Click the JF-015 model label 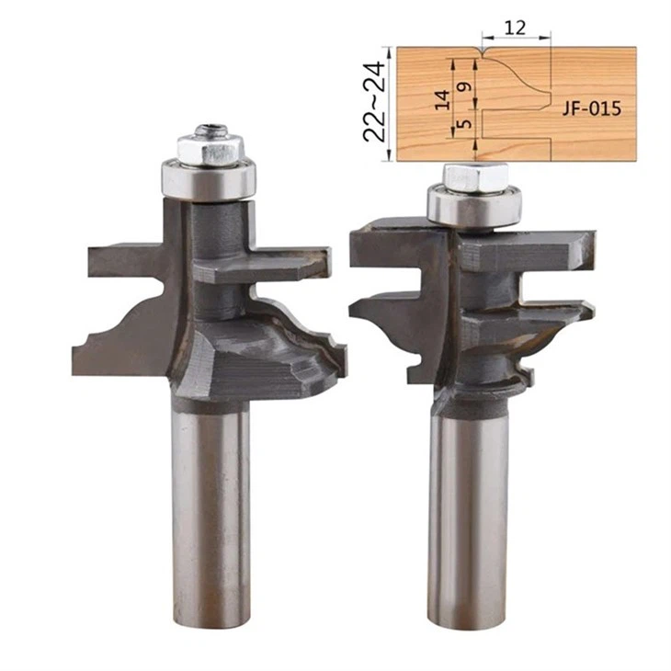coord(591,108)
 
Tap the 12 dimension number coord(515,28)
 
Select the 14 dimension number coord(443,99)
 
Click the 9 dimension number coord(465,86)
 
